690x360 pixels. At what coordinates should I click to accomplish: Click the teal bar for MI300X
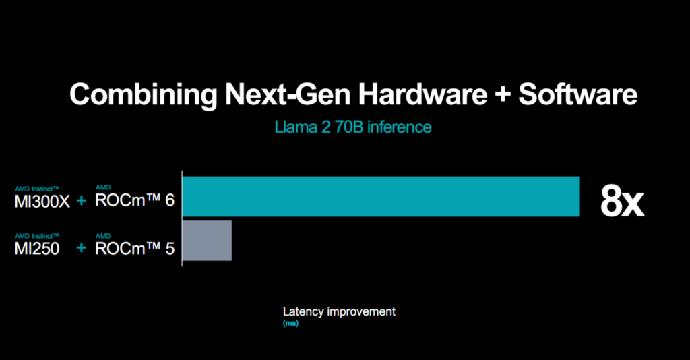[x=381, y=196]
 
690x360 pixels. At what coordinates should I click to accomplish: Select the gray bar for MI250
[x=207, y=240]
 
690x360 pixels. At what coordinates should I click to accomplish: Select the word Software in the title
[x=577, y=94]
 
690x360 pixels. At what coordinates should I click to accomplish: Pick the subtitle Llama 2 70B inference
[x=353, y=127]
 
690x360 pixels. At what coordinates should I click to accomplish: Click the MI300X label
[x=42, y=202]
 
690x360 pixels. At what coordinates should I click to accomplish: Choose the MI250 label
[x=36, y=249]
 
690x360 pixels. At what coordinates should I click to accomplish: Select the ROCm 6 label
[x=135, y=202]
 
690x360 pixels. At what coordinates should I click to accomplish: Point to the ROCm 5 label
[x=135, y=249]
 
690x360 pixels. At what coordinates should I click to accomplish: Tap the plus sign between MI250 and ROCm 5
[x=82, y=249]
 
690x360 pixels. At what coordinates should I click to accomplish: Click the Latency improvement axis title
[x=339, y=311]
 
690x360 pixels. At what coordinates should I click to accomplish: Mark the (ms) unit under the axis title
[x=290, y=324]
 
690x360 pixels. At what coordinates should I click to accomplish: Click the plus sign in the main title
[x=503, y=95]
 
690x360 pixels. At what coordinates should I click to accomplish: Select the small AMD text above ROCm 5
[x=102, y=235]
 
